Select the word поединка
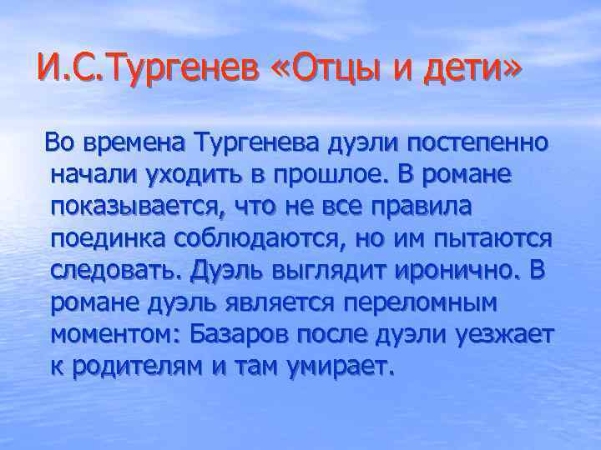(109, 239)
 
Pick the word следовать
(117, 271)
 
